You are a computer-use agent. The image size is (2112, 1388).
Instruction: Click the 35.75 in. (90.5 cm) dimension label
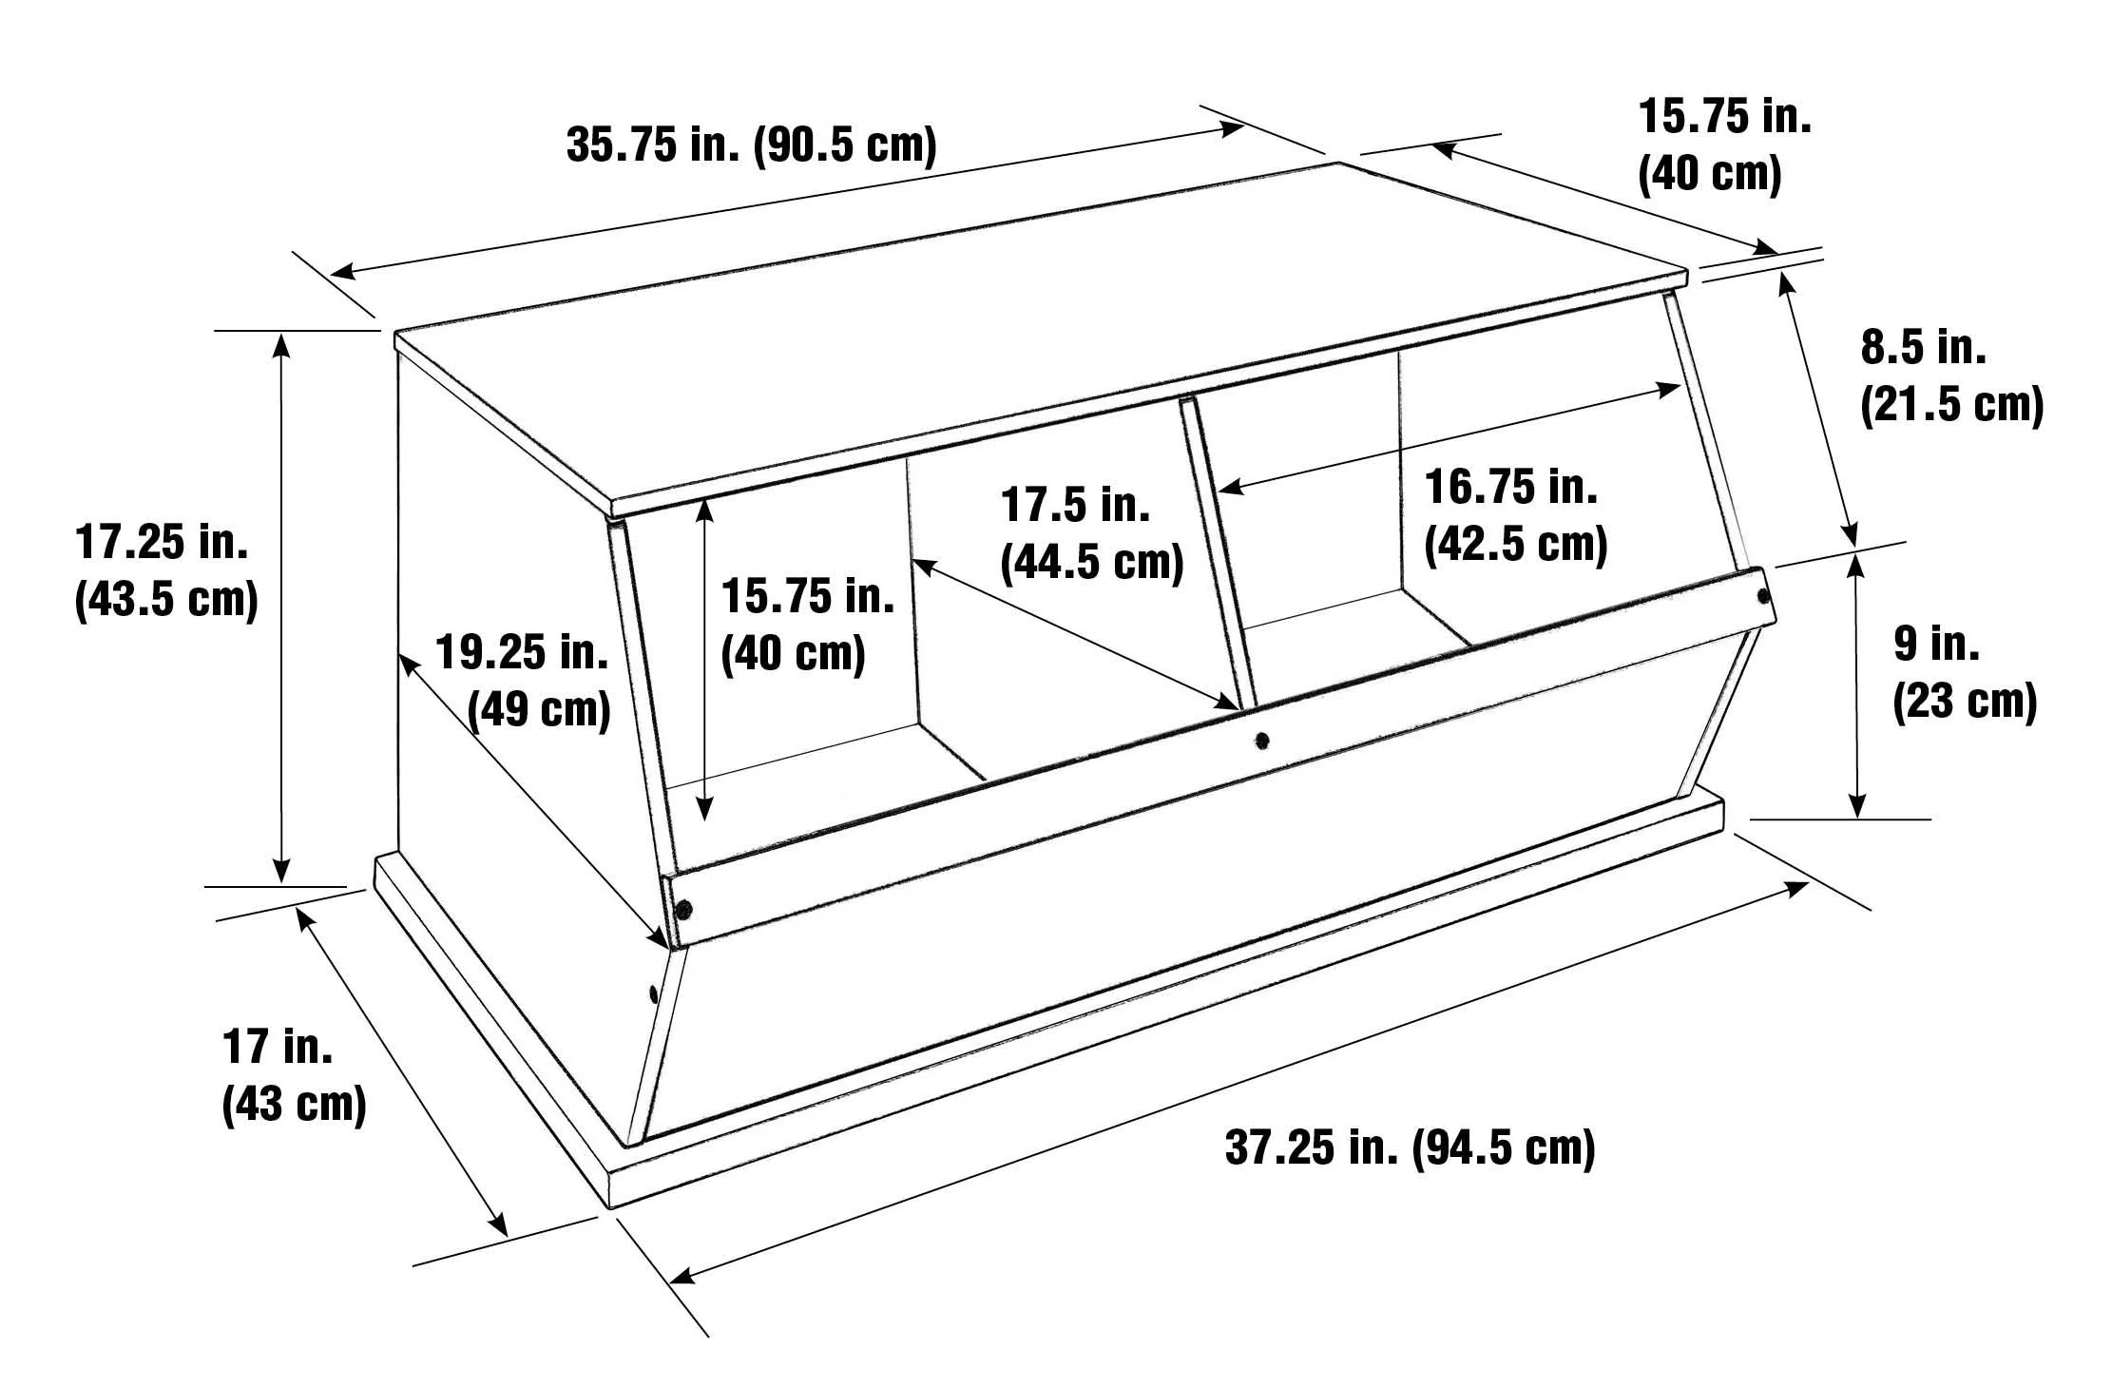pyautogui.click(x=751, y=145)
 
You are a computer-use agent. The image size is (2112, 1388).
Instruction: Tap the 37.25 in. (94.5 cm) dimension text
pyautogui.click(x=1410, y=1147)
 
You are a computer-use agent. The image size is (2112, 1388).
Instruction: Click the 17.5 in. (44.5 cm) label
pyautogui.click(x=1091, y=533)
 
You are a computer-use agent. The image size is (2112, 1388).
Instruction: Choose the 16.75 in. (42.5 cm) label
pyautogui.click(x=1515, y=516)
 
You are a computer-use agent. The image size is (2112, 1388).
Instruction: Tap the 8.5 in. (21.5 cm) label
pyautogui.click(x=1951, y=376)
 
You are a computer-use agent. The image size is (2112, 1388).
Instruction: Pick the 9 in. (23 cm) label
pyautogui.click(x=1965, y=673)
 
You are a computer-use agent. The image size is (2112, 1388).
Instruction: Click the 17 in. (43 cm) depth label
pyautogui.click(x=294, y=1075)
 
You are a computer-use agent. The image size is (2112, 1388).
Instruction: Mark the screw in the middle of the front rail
pyautogui.click(x=1261, y=738)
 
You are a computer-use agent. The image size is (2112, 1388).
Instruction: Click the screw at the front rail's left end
pyautogui.click(x=682, y=909)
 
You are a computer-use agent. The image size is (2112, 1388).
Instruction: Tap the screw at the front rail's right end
pyautogui.click(x=1763, y=596)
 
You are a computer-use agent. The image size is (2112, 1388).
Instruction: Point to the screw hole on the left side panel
pyautogui.click(x=653, y=994)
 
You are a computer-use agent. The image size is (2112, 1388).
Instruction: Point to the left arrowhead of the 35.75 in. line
pyautogui.click(x=342, y=272)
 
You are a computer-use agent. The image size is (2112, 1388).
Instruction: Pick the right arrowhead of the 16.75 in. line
pyautogui.click(x=1668, y=387)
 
